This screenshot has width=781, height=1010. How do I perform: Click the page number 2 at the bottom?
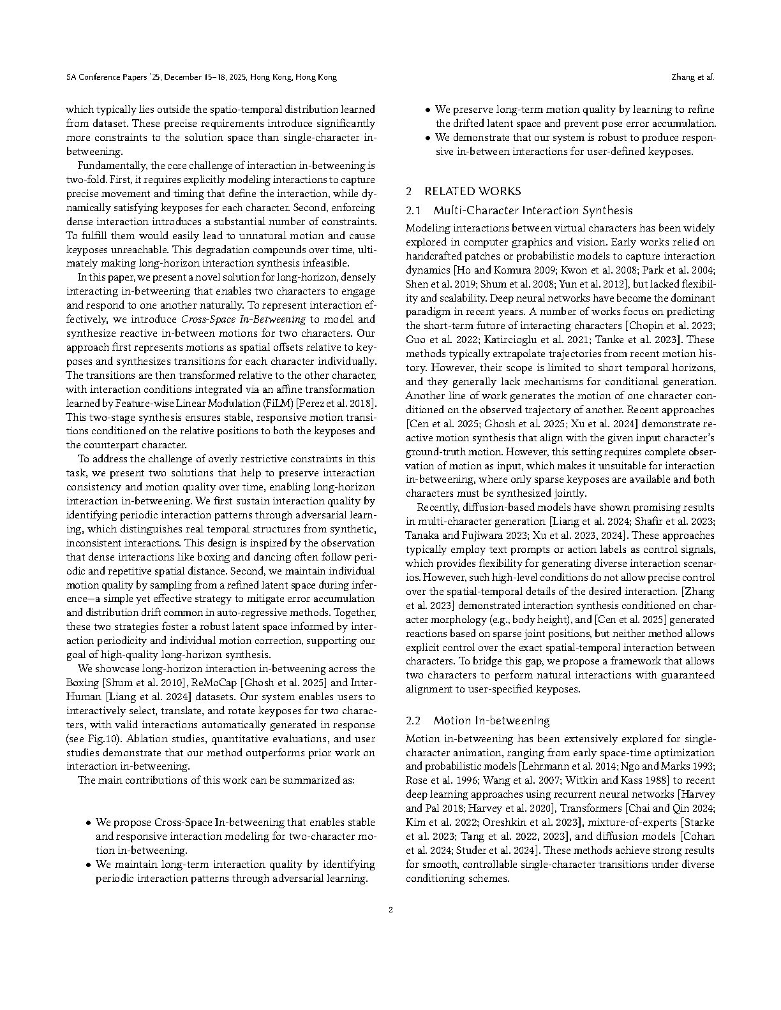click(390, 910)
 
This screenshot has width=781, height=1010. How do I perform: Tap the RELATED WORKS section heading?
click(472, 191)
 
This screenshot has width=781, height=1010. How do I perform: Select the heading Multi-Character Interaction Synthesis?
click(533, 210)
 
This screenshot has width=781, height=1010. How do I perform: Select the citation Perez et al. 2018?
click(342, 404)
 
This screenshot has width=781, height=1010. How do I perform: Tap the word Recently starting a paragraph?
click(438, 508)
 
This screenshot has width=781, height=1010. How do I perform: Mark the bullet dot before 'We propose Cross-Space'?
click(89, 823)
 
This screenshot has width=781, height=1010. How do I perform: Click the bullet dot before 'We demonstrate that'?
click(428, 138)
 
